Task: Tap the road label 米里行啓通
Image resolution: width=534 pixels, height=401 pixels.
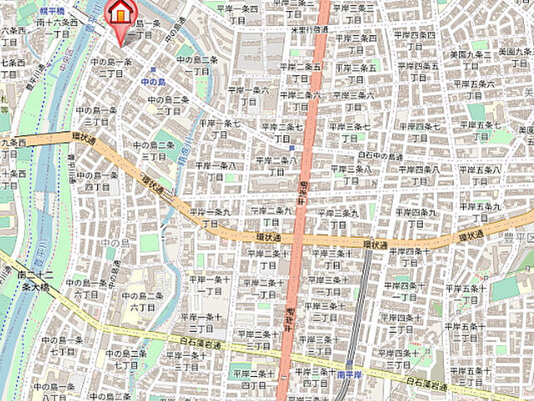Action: [x=308, y=28]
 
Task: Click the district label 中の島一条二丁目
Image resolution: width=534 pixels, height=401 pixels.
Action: [x=110, y=68]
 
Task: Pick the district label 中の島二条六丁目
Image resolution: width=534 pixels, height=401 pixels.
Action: [x=145, y=302]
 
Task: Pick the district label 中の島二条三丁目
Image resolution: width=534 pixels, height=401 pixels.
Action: [x=169, y=105]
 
